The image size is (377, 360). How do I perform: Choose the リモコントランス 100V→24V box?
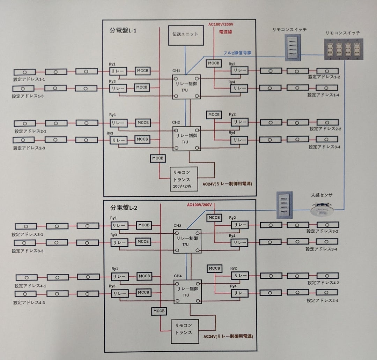[183, 178]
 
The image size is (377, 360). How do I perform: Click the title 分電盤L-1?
[123, 30]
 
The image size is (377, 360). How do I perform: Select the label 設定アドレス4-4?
[323, 300]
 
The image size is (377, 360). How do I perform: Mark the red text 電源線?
[226, 31]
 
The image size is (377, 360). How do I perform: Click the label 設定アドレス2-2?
[325, 129]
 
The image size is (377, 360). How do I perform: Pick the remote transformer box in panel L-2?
[184, 331]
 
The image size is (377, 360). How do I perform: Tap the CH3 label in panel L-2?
[177, 226]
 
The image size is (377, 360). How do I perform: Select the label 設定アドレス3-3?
[28, 251]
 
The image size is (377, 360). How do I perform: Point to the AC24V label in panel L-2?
[228, 337]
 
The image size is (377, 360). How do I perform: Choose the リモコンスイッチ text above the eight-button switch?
[342, 32]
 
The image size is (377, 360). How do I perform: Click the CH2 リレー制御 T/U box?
[187, 138]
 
